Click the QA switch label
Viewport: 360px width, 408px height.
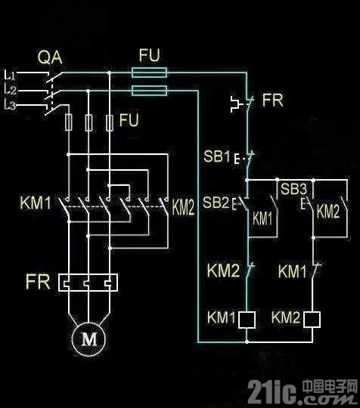(50, 57)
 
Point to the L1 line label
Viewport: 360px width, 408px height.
(10, 75)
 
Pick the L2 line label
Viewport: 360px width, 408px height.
(10, 89)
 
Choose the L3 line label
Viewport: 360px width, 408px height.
(10, 105)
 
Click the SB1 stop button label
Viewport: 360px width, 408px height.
(217, 156)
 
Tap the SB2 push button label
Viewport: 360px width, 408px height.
(216, 202)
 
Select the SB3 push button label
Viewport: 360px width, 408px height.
(294, 189)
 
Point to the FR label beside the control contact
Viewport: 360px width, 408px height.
(273, 100)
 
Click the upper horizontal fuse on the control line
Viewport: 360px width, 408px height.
(149, 73)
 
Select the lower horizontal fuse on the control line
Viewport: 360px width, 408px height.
(149, 91)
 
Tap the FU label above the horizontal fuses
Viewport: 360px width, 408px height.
(149, 55)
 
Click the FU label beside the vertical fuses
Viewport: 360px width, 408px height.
(129, 120)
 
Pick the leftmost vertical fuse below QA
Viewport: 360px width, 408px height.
(68, 122)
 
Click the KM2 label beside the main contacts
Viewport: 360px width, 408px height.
(183, 209)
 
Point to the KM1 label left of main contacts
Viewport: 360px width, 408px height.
(36, 203)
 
